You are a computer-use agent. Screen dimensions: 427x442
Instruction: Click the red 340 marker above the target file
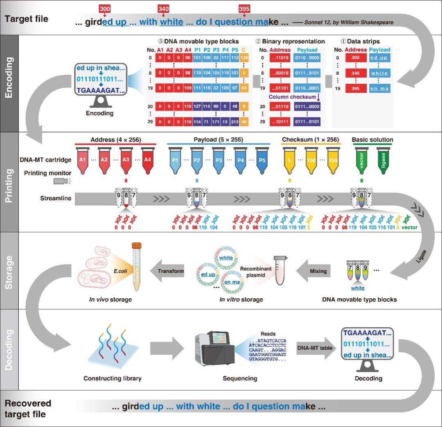(x=164, y=9)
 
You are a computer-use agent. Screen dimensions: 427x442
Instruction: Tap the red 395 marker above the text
(x=244, y=9)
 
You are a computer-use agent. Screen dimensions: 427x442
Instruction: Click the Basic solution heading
(x=372, y=139)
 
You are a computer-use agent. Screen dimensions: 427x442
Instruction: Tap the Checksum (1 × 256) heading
(x=310, y=139)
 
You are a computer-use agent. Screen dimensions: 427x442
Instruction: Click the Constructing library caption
(x=112, y=378)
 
